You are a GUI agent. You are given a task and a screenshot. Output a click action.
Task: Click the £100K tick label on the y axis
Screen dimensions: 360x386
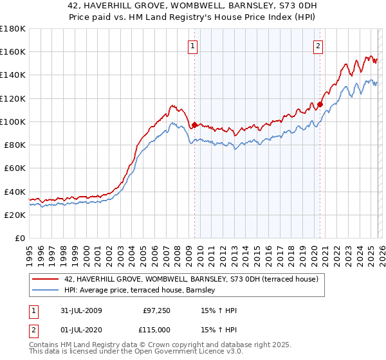click(12, 122)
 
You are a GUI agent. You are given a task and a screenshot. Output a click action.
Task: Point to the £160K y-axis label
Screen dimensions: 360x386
click(12, 52)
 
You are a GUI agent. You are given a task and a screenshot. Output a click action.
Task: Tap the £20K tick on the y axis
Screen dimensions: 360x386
click(14, 215)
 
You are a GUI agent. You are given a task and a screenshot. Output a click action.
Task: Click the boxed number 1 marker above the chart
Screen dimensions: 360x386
click(193, 45)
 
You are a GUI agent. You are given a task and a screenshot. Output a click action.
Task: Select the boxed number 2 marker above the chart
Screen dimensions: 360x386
click(318, 45)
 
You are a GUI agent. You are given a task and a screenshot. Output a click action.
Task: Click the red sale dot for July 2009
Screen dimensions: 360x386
click(195, 125)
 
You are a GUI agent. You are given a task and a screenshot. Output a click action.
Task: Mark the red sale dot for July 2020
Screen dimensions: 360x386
click(320, 104)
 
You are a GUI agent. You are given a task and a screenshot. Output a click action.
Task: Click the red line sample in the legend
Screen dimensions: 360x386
click(45, 278)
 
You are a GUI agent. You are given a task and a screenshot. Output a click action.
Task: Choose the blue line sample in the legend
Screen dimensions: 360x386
click(45, 291)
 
